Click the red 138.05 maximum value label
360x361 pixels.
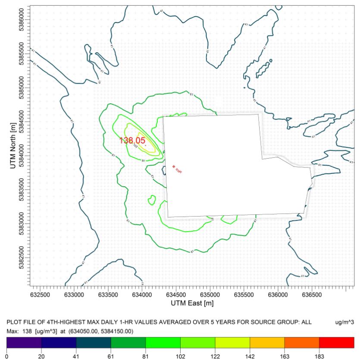tap(132, 140)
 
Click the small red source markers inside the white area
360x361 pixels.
tap(177, 169)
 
